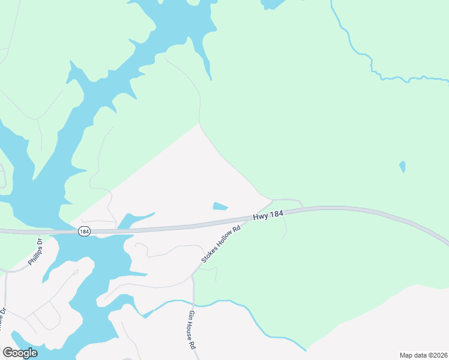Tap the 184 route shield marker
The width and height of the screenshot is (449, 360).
[85, 231]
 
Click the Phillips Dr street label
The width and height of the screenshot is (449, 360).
[35, 252]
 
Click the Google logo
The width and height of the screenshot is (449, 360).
[20, 353]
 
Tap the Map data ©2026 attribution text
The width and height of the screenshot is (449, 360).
[423, 355]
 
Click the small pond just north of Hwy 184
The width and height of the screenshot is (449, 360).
[220, 206]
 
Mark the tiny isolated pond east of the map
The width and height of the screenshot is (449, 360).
[402, 166]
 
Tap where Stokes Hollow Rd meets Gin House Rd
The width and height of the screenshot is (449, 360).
[193, 277]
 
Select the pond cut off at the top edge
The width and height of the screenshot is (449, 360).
[273, 4]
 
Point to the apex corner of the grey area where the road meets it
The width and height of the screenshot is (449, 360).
[199, 124]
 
